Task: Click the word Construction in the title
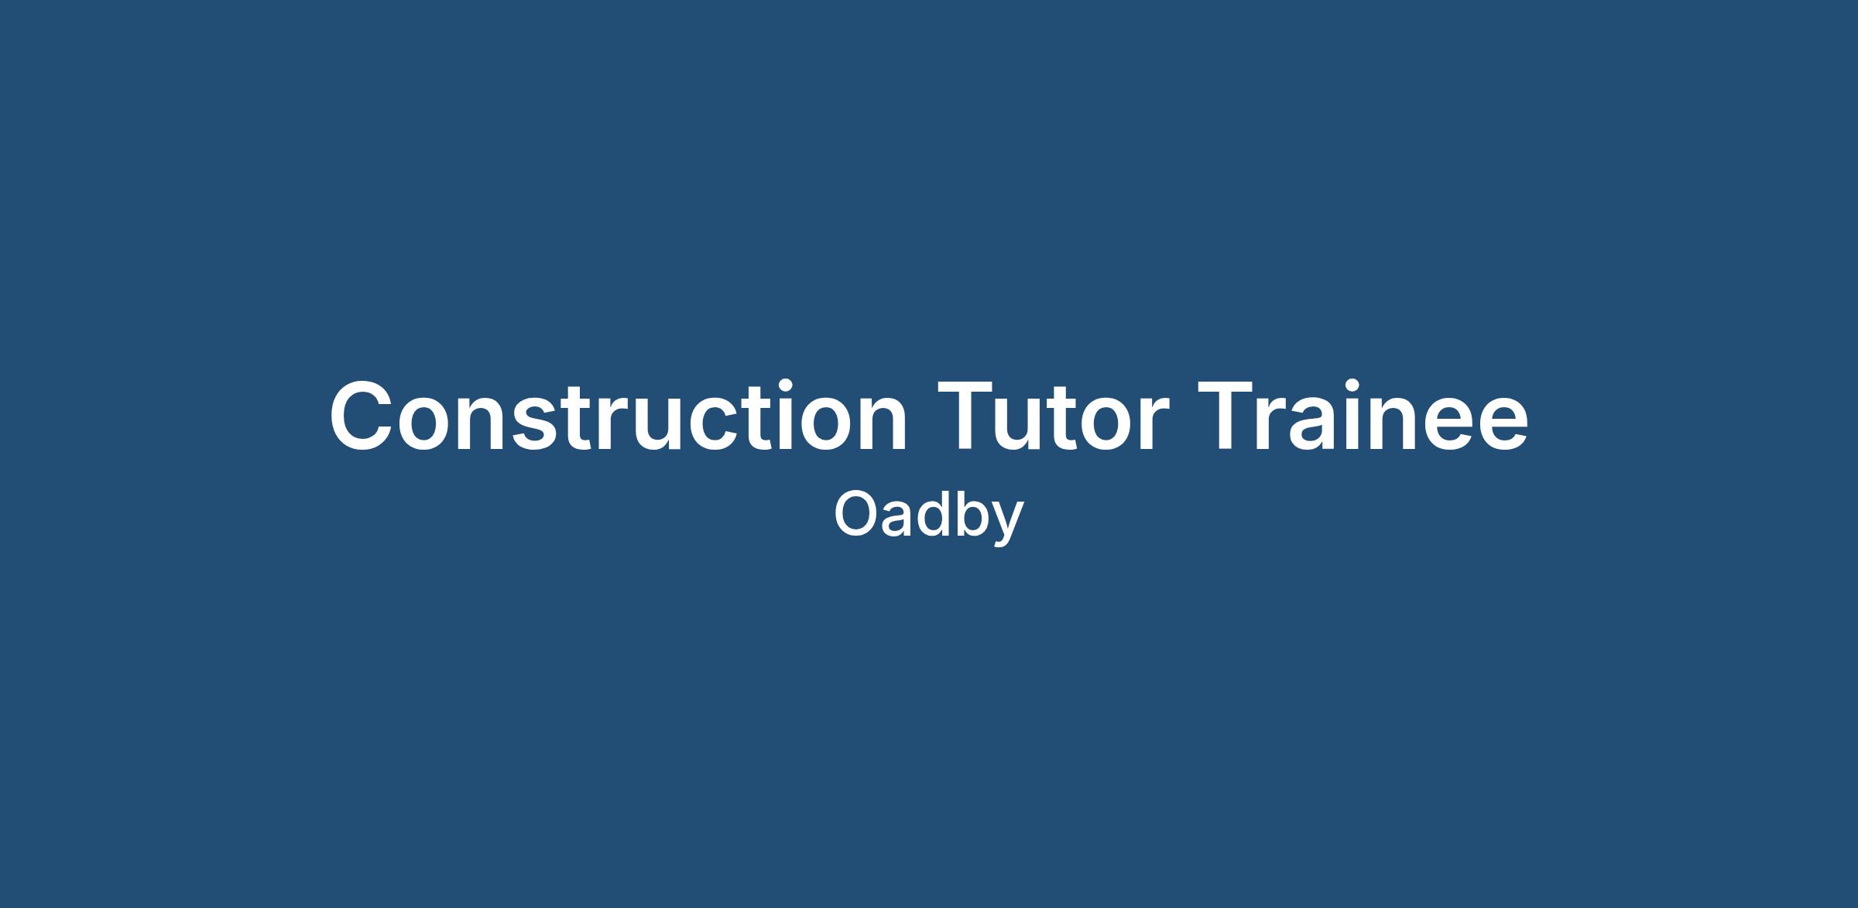(x=619, y=415)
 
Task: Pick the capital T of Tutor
(x=965, y=416)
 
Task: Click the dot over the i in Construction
(x=785, y=386)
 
